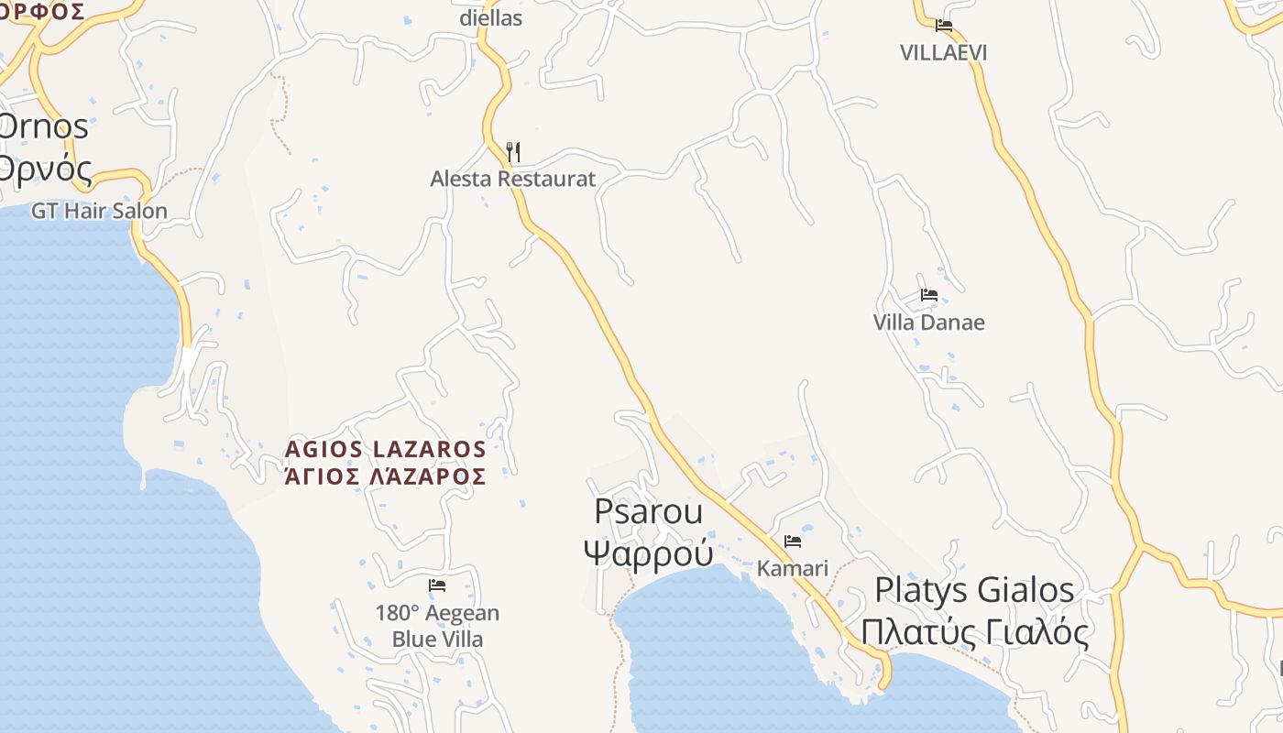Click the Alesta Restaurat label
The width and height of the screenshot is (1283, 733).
(x=513, y=179)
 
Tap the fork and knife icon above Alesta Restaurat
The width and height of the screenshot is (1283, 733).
(x=513, y=151)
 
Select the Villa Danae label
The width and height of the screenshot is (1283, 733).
(x=928, y=323)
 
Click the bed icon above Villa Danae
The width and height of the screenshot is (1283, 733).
(x=929, y=295)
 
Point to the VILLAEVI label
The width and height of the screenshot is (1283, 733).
(x=943, y=52)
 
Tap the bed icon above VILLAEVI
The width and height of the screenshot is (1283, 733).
(x=944, y=26)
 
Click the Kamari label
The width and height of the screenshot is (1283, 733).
(x=792, y=568)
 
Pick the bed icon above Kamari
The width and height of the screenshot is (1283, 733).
(x=793, y=542)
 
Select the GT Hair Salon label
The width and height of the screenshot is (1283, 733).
(x=99, y=211)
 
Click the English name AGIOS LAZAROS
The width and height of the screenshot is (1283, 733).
(x=385, y=449)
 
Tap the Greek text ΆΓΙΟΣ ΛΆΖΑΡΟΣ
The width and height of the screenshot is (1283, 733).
(x=385, y=476)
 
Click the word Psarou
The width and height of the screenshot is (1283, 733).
(x=648, y=511)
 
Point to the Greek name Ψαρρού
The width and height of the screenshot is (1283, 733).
(x=648, y=552)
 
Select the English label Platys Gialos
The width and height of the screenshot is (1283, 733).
(x=973, y=589)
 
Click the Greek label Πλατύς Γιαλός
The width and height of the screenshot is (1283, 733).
(x=973, y=632)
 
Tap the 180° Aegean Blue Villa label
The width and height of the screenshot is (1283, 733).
(x=437, y=626)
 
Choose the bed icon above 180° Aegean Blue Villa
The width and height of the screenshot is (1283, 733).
(x=437, y=585)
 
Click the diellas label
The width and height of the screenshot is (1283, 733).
(x=490, y=17)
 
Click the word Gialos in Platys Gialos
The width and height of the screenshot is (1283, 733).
(x=1025, y=589)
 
